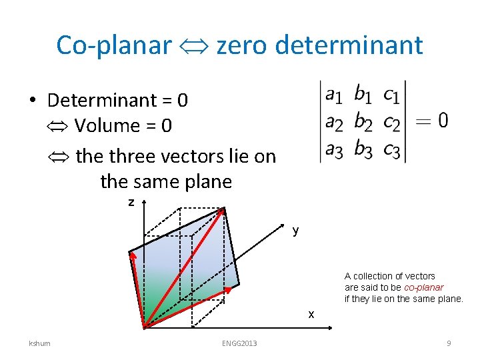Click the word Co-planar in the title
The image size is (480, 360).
point(114,45)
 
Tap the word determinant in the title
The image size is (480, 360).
point(349,45)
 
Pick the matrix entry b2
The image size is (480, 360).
point(363,122)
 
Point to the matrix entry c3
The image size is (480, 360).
point(392,151)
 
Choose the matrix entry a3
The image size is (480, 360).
point(334,151)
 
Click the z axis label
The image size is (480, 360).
point(131,201)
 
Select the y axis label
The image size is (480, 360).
point(295,231)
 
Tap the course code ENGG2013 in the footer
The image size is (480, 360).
point(239,343)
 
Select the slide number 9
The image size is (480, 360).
point(449,343)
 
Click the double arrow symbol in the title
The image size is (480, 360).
point(194,46)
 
